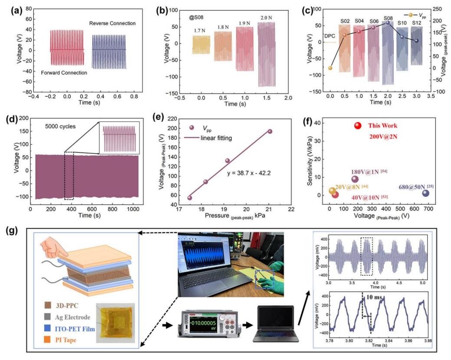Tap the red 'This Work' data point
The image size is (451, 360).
[x=358, y=126]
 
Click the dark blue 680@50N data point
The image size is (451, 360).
[x=425, y=193]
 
